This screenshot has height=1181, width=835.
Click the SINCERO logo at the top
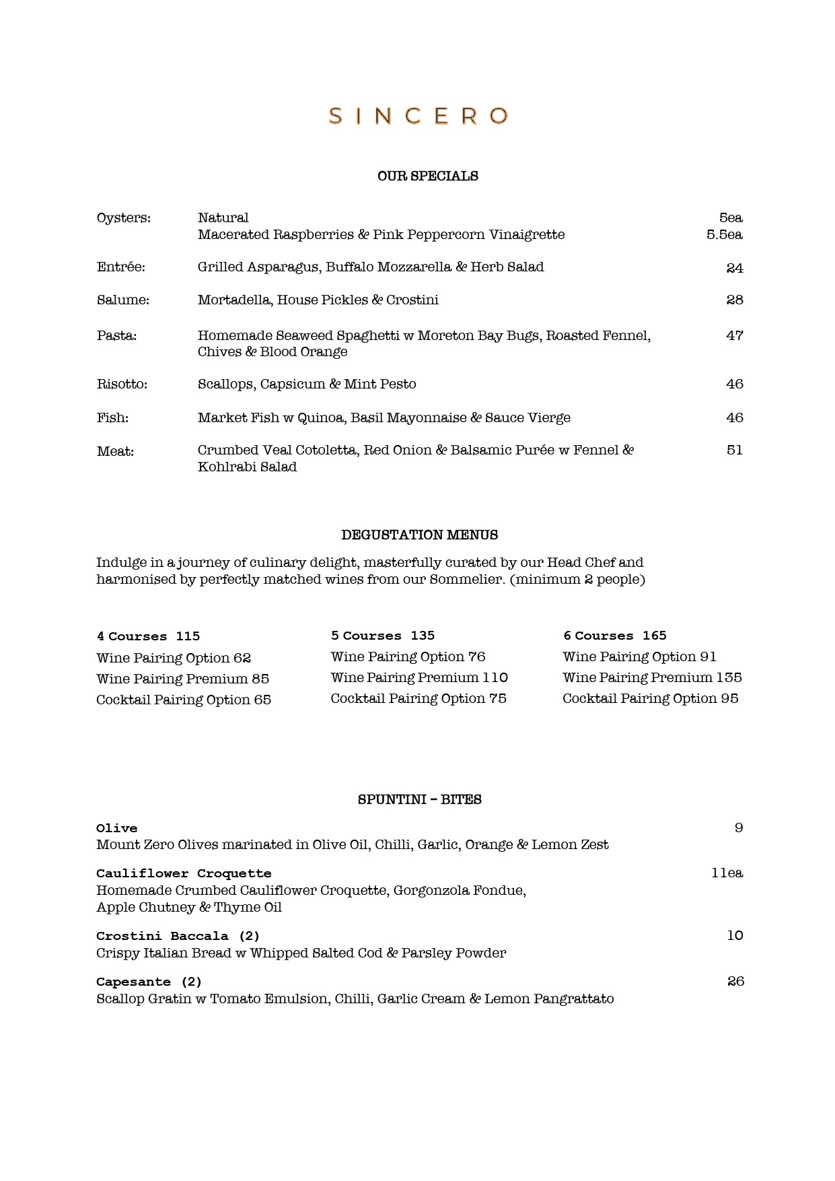coord(418,116)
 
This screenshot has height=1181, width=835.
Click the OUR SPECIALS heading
coord(428,176)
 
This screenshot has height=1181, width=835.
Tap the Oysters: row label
coord(124,218)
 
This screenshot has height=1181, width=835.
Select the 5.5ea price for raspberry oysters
coord(724,235)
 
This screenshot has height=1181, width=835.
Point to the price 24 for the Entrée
coord(735,268)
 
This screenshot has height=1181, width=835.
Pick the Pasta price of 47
coord(735,335)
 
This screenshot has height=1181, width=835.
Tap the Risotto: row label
coord(122,384)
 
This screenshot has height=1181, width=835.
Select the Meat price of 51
coord(735,450)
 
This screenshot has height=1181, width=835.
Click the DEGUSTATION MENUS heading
coord(420,535)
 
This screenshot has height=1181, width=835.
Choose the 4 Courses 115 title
coord(148,636)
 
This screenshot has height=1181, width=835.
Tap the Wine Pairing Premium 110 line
coord(419,678)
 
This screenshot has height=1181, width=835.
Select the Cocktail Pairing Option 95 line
coord(651,699)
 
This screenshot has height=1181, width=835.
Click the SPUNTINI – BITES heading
coord(420,800)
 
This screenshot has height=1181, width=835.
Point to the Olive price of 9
coord(739,828)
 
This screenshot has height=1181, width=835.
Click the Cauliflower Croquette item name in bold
coord(184,874)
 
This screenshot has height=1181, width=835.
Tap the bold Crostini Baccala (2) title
coord(178,936)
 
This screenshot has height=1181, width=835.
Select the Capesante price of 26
coord(735,982)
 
